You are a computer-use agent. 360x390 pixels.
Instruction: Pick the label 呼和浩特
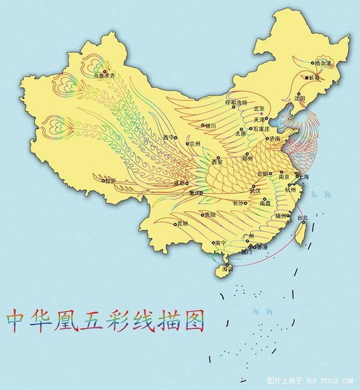236,103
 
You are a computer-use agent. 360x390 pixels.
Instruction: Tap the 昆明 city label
181,224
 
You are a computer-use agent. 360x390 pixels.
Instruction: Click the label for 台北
303,218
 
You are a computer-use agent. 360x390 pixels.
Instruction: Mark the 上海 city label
303,177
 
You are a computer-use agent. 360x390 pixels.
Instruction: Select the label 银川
210,125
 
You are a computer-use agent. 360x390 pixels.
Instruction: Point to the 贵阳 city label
209,215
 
